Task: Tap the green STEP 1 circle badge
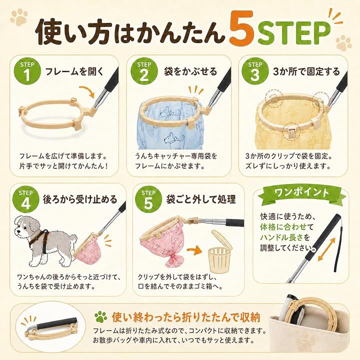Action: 27,71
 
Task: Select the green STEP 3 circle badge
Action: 255,71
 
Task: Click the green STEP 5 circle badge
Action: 148,199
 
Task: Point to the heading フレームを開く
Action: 74,71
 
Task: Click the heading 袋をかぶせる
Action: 190,71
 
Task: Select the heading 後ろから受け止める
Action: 80,199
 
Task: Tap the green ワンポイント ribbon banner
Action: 301,193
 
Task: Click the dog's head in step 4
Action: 25,226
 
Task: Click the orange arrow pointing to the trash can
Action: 194,250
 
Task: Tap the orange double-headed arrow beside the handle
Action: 326,249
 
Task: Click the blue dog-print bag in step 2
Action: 169,129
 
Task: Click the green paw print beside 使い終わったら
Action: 101,317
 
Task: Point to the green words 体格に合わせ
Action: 283,227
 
